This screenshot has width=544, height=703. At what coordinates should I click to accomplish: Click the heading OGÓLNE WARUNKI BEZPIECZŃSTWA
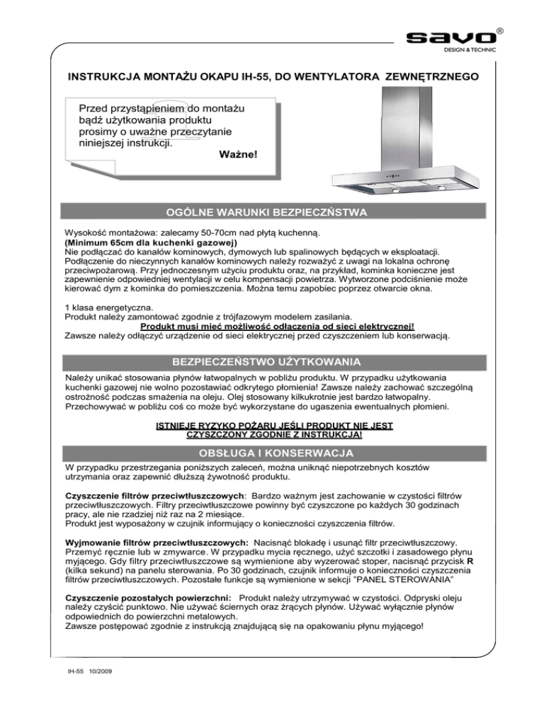click(x=271, y=211)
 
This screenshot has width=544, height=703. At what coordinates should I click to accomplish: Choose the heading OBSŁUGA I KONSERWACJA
click(x=271, y=452)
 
